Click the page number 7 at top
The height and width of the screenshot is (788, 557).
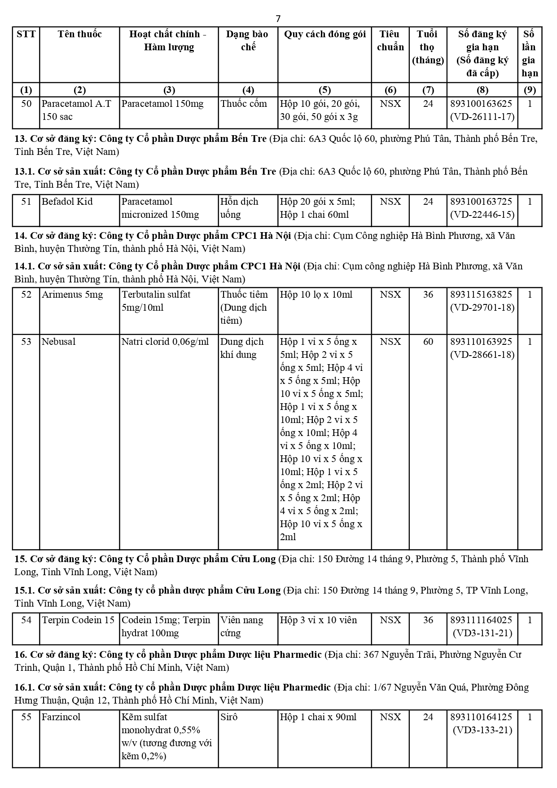coord(278,18)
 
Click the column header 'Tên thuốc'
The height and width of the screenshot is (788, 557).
coord(79,34)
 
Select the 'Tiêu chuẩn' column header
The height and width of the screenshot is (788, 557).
coord(390,40)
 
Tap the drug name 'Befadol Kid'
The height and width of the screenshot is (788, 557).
coord(67,202)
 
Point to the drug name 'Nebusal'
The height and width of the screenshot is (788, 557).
coord(58,342)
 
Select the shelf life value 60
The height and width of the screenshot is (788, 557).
coord(428,342)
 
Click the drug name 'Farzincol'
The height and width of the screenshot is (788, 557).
coord(61,717)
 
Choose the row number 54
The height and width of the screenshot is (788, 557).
coord(26,620)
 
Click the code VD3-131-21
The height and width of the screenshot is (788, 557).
coord(482,633)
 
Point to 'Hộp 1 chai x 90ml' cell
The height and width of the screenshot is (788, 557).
coord(318,717)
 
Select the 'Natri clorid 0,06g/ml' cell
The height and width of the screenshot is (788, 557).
coord(165,342)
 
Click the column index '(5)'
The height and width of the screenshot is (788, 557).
coord(325,90)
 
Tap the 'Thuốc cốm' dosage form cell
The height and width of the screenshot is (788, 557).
coord(244,104)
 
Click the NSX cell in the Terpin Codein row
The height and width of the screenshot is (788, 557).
coord(390,620)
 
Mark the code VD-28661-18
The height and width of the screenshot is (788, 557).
coord(482,355)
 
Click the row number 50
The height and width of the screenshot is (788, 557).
coord(26,104)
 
